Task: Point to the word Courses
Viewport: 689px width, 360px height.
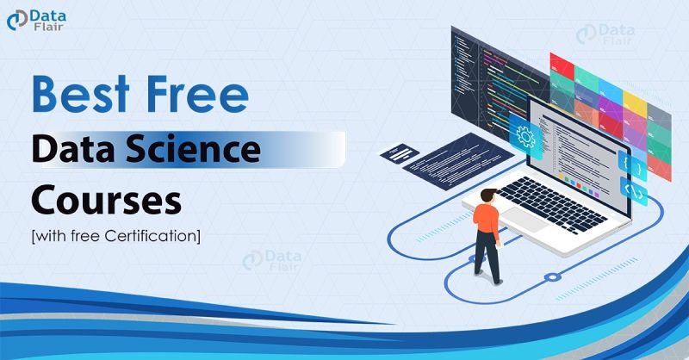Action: (105, 199)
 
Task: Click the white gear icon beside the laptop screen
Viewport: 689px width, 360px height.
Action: (523, 134)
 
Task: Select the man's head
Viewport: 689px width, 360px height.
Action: (492, 196)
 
